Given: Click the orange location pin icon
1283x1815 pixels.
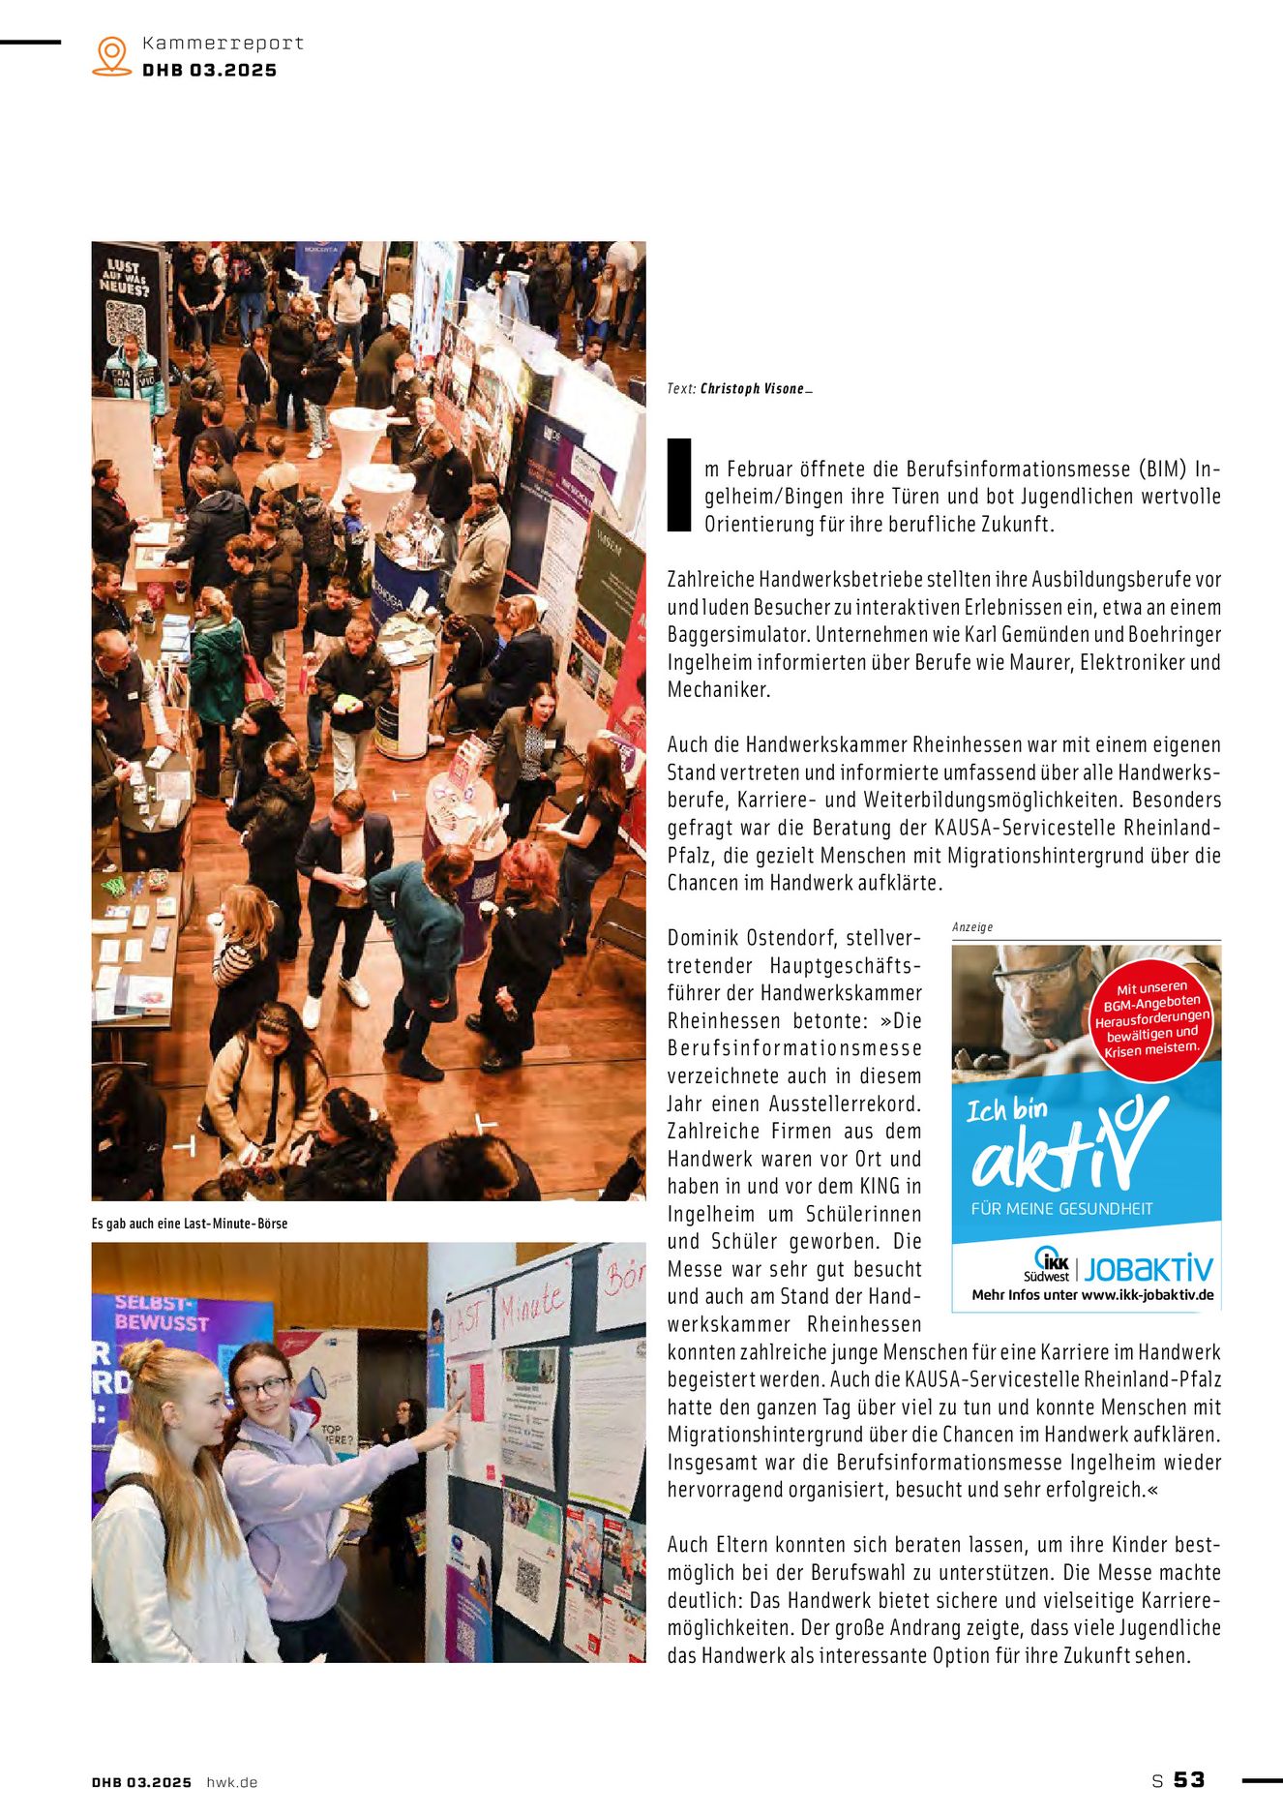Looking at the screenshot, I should pyautogui.click(x=112, y=55).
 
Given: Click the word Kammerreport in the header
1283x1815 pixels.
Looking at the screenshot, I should pyautogui.click(x=223, y=43).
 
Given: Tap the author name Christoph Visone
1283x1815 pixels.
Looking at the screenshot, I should pyautogui.click(x=752, y=388).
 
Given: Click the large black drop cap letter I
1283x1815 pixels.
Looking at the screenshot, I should pyautogui.click(x=680, y=484).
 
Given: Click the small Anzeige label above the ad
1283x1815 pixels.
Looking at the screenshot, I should pyautogui.click(x=972, y=926).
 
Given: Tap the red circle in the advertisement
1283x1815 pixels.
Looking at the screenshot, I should pyautogui.click(x=1151, y=1020).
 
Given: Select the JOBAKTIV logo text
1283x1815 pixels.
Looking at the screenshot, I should pyautogui.click(x=1148, y=1268).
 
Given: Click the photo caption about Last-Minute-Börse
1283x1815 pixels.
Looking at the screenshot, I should pyautogui.click(x=190, y=1224).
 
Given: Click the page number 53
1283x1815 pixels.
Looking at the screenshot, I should pyautogui.click(x=1189, y=1780).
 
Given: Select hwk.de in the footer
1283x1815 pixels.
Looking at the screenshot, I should pyautogui.click(x=232, y=1782).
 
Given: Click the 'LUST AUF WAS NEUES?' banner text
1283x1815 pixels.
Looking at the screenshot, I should pyautogui.click(x=125, y=276).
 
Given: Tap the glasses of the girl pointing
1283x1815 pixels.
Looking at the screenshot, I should pyautogui.click(x=261, y=1388).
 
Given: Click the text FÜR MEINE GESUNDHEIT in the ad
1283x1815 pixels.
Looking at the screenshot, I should pyautogui.click(x=1061, y=1208).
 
